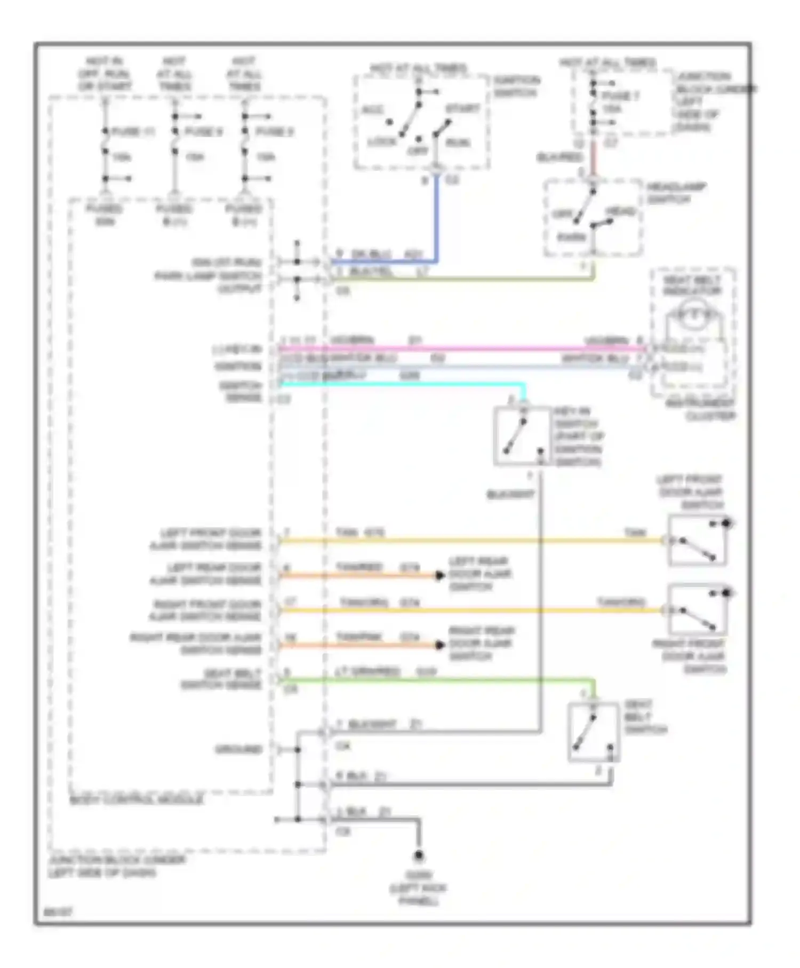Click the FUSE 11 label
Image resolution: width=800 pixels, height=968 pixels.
pyautogui.click(x=133, y=132)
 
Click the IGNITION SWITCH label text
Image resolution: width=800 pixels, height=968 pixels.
pyautogui.click(x=516, y=87)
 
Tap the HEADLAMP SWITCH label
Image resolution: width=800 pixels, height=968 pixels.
pyautogui.click(x=676, y=193)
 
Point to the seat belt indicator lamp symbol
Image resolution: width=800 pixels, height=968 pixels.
pyautogui.click(x=693, y=315)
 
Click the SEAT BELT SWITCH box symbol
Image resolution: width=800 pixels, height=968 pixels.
pyautogui.click(x=593, y=732)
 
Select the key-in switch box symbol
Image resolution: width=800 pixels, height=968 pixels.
pyautogui.click(x=522, y=437)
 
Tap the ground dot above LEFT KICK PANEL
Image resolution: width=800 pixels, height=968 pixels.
pyautogui.click(x=419, y=855)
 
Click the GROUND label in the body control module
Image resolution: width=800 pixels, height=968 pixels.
pyautogui.click(x=238, y=750)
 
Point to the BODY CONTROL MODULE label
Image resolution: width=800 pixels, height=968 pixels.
pyautogui.click(x=137, y=800)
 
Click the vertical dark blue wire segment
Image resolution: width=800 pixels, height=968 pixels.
pyautogui.click(x=437, y=219)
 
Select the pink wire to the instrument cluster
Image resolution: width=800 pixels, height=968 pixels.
pyautogui.click(x=459, y=349)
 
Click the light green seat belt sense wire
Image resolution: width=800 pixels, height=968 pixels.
pyautogui.click(x=427, y=680)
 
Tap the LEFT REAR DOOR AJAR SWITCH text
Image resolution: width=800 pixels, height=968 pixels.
pyautogui.click(x=479, y=574)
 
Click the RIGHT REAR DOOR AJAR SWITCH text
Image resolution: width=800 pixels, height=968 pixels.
pyautogui.click(x=481, y=644)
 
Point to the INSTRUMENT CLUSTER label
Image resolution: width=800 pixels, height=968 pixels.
pyautogui.click(x=700, y=410)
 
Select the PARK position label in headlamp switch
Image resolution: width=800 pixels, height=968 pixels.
pyautogui.click(x=571, y=237)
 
